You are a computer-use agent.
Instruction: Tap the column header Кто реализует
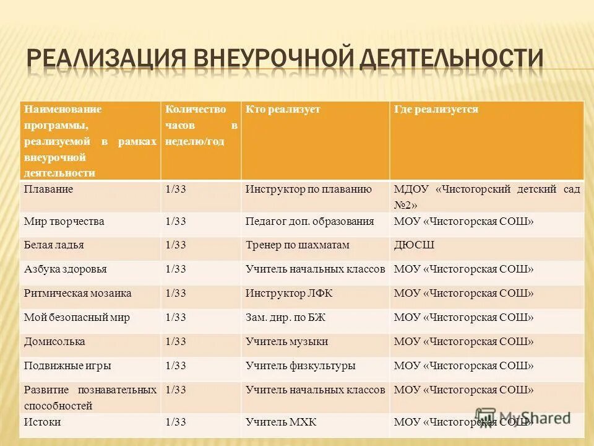pyautogui.click(x=283, y=110)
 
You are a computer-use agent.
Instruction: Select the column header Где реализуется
pyautogui.click(x=436, y=110)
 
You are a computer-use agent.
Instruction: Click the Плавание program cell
pyautogui.click(x=48, y=190)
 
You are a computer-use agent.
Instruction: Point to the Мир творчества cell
pyautogui.click(x=64, y=221)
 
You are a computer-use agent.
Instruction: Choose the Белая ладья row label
pyautogui.click(x=54, y=245)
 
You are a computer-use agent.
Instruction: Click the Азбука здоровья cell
pyautogui.click(x=65, y=269)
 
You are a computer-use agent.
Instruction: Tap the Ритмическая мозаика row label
pyautogui.click(x=77, y=293)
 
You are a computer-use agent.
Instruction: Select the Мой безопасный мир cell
pyautogui.click(x=77, y=317)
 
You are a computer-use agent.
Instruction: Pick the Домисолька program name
pyautogui.click(x=54, y=342)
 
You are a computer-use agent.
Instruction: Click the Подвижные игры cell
pyautogui.click(x=67, y=366)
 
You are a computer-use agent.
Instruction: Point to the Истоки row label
pyautogui.click(x=42, y=422)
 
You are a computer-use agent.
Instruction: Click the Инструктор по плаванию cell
pyautogui.click(x=308, y=190)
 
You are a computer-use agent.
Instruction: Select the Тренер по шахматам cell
pyautogui.click(x=298, y=245)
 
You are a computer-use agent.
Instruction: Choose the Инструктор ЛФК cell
pyautogui.click(x=289, y=293)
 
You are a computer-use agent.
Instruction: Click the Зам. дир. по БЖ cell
pyautogui.click(x=285, y=317)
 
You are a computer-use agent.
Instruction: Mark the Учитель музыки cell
pyautogui.click(x=286, y=342)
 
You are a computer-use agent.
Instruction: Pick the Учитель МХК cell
pyautogui.click(x=281, y=422)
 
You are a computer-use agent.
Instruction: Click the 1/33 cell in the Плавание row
pyautogui.click(x=176, y=190)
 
